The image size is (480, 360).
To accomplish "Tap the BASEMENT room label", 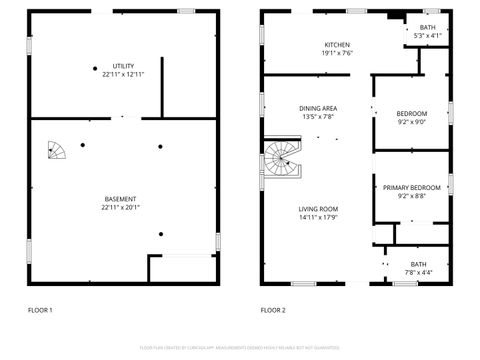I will [x=120, y=199].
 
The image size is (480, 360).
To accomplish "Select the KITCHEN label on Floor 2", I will [x=337, y=44].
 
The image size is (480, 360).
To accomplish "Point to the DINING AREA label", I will [x=318, y=108].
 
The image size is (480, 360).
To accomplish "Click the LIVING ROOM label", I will [x=318, y=209].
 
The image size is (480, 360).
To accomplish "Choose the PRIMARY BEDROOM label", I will [x=411, y=187].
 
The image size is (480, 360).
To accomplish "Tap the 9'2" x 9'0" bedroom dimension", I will [x=412, y=122].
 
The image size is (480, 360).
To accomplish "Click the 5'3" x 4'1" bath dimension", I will [x=428, y=36].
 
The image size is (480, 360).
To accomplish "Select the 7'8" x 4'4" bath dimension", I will [x=419, y=272].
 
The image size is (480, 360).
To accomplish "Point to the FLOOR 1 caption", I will [x=39, y=311].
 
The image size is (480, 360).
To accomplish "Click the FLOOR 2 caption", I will [x=273, y=311].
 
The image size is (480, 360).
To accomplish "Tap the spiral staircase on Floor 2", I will [x=281, y=159].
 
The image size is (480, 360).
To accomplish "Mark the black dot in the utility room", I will [x=96, y=68].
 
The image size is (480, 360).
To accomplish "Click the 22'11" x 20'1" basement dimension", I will [x=120, y=208].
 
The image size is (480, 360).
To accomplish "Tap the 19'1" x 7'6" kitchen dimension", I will [x=337, y=53].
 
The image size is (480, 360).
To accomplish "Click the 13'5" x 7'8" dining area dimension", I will [x=318, y=117].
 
